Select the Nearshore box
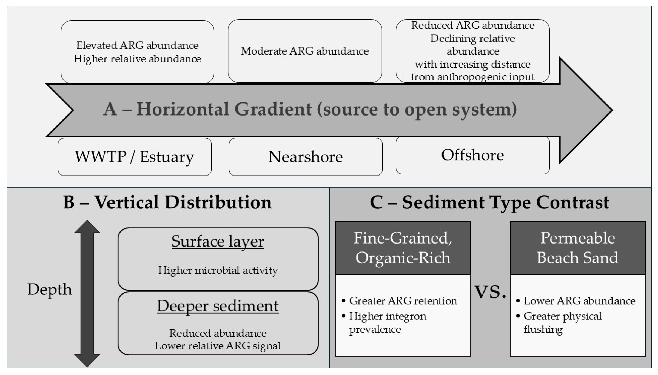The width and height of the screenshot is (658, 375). pyautogui.click(x=306, y=157)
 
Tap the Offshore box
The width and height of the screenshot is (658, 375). pyautogui.click(x=472, y=155)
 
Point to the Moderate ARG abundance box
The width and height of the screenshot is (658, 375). pyautogui.click(x=305, y=51)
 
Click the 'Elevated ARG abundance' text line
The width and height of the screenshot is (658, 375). pyautogui.click(x=137, y=46)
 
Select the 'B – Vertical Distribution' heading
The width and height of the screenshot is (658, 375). pyautogui.click(x=167, y=202)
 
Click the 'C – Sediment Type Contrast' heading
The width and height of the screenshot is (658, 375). pyautogui.click(x=489, y=202)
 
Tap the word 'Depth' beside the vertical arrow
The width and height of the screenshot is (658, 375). pyautogui.click(x=49, y=290)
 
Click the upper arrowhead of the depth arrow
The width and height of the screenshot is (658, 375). pyautogui.click(x=87, y=227)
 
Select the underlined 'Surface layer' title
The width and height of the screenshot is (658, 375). pyautogui.click(x=218, y=242)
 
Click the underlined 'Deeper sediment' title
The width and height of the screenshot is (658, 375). pyautogui.click(x=218, y=306)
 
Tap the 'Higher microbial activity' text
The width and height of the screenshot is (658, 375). pyautogui.click(x=218, y=270)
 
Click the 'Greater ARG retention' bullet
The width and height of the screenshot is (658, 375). pyautogui.click(x=403, y=301)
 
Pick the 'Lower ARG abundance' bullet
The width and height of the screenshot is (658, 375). pyautogui.click(x=579, y=301)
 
